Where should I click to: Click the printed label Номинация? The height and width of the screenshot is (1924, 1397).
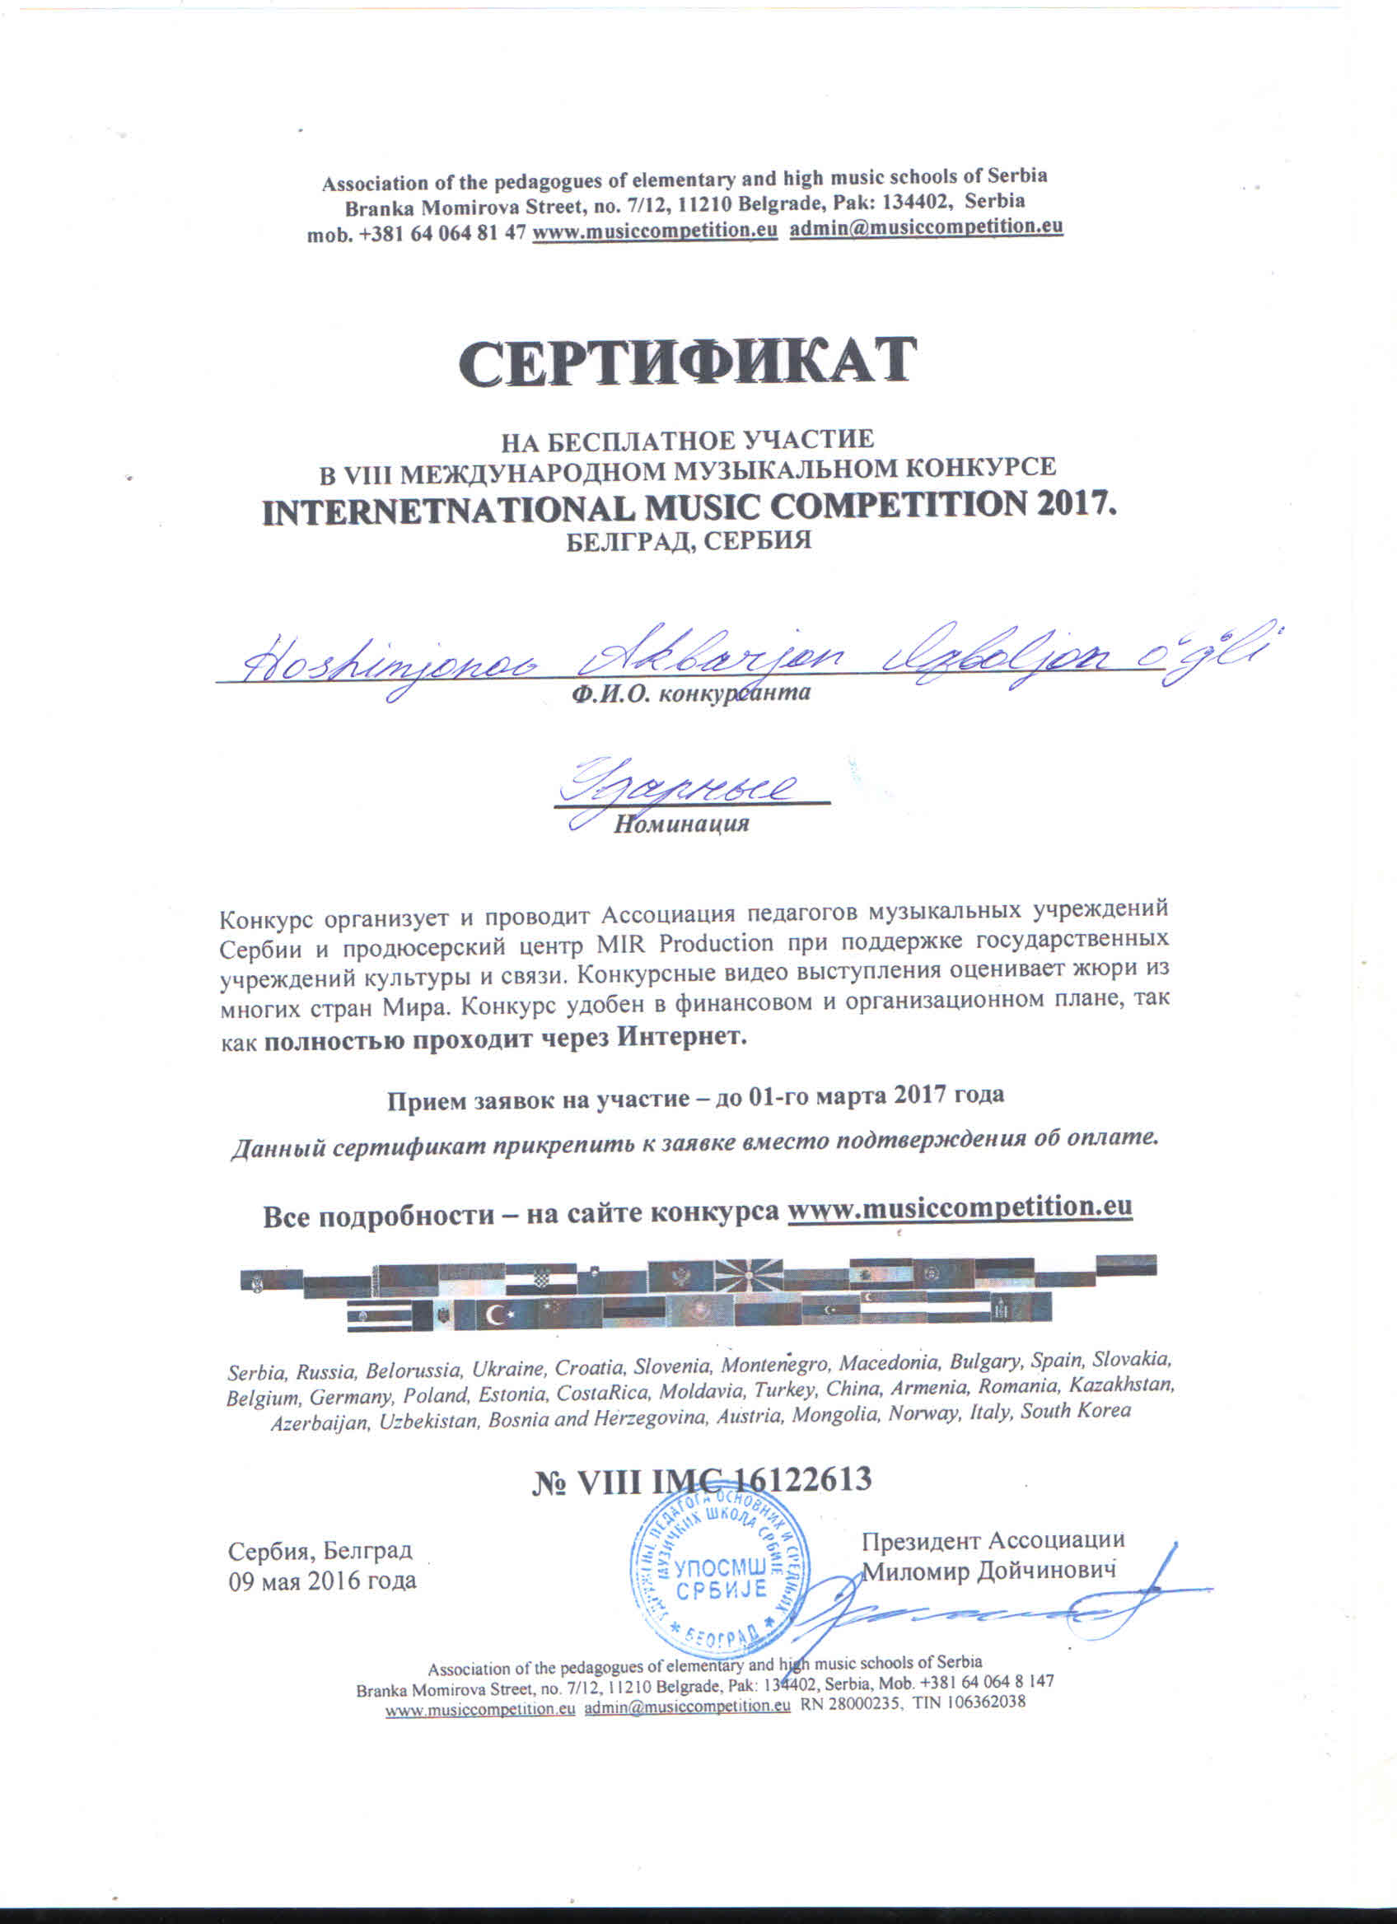tap(681, 824)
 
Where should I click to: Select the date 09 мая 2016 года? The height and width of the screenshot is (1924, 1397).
tap(322, 1581)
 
